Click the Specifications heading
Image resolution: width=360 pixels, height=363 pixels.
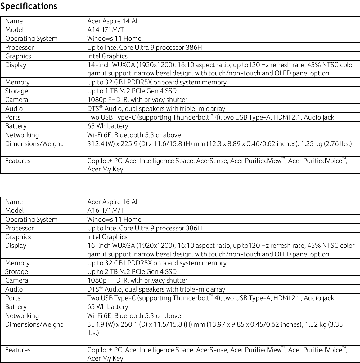[29, 6]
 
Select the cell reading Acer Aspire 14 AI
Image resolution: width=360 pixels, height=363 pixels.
[112, 21]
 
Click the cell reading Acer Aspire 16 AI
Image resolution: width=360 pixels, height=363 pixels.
[112, 202]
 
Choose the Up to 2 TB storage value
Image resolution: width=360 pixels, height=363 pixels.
[132, 272]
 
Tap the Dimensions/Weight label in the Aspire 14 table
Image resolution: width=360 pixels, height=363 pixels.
[34, 144]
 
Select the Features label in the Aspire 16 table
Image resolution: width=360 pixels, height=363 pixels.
[18, 350]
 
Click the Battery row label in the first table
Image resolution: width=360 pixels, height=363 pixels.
[16, 126]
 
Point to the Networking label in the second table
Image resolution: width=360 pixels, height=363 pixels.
[22, 316]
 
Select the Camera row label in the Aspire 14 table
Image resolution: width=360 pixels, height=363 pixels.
[17, 100]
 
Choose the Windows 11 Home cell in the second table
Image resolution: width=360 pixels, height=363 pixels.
[114, 220]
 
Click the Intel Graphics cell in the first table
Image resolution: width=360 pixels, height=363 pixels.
[107, 56]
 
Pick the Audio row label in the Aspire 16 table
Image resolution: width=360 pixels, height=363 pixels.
[14, 289]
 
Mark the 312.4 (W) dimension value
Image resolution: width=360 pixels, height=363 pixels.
[101, 144]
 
